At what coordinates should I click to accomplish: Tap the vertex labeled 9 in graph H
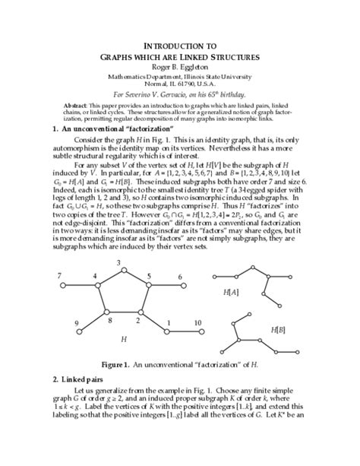pos(86,332)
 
